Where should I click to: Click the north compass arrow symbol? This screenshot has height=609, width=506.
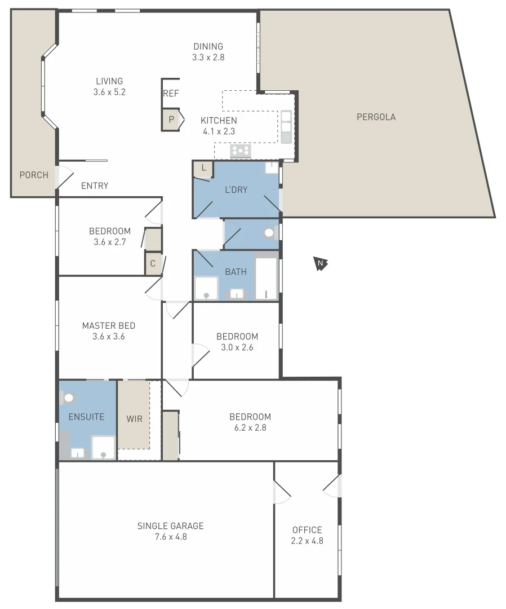pos(321,263)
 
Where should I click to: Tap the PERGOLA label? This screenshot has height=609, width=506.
pos(376,117)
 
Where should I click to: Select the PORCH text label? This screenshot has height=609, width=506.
pos(34,175)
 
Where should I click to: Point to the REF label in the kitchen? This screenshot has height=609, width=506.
pos(171,94)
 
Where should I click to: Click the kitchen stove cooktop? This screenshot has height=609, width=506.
pos(241,151)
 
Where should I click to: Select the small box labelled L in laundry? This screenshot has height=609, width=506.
pos(203,169)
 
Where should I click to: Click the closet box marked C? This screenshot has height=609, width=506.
pos(153,263)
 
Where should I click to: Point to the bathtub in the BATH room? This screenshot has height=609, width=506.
pos(266,279)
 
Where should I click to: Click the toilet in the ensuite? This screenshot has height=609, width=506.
pos(68,398)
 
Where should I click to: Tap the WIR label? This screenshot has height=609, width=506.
pos(134,419)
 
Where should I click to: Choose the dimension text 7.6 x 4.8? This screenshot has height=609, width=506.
pos(170,537)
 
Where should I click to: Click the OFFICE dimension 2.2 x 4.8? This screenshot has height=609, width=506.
pos(307,541)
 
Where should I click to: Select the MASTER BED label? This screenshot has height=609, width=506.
pos(109,325)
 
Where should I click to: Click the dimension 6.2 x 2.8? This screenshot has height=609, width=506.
pos(250,427)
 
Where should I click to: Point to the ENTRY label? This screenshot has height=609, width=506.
pos(95,186)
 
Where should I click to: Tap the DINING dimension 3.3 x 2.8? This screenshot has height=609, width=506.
pos(208,57)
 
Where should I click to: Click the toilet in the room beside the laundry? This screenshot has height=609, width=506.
pos(269,233)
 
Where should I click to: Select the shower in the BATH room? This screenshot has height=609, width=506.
pos(206,289)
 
